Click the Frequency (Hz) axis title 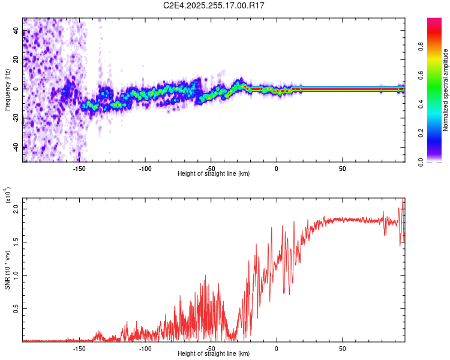point(7,91)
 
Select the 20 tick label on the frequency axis point(16,59)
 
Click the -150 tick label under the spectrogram point(79,169)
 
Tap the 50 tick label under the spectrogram point(341,169)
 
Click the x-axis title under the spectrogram point(214,174)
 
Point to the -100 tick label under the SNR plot point(145,348)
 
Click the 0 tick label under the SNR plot point(276,348)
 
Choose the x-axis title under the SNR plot point(214,354)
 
